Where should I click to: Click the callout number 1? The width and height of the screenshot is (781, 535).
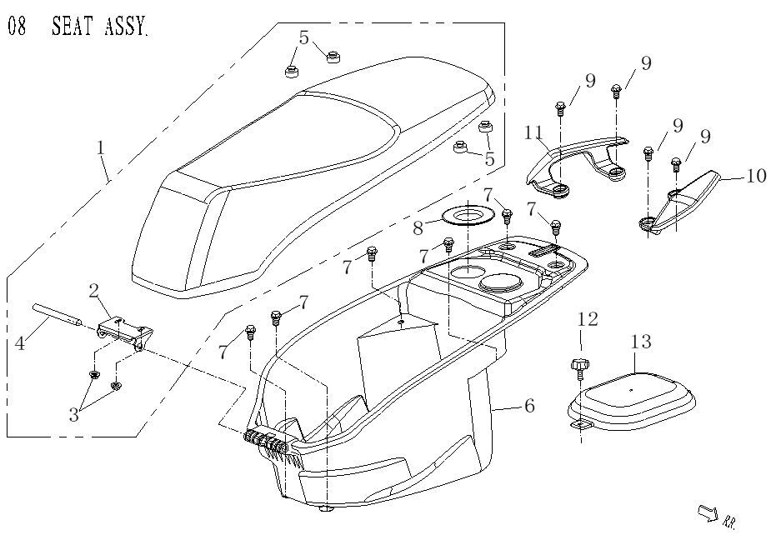[101, 147]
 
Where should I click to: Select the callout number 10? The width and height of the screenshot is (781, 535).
[755, 176]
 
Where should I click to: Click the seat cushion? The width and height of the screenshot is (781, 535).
[317, 167]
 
